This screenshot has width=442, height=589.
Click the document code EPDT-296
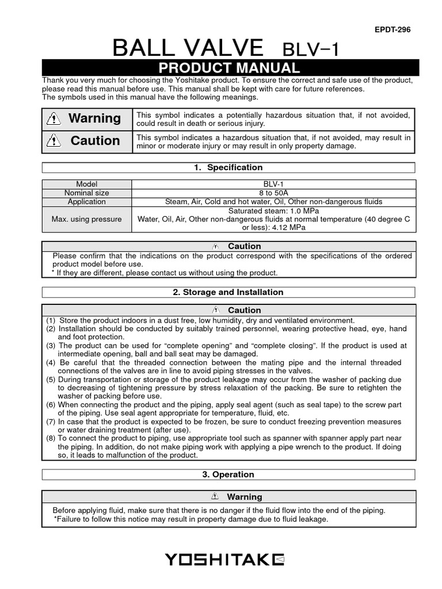click(393, 30)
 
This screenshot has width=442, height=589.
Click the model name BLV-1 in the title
click(311, 49)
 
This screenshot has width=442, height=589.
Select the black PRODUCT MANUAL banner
click(228, 67)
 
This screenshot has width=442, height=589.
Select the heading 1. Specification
click(228, 167)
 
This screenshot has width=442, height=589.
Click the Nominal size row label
click(87, 193)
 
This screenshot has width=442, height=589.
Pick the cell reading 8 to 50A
click(273, 193)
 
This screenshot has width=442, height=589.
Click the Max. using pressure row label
click(87, 219)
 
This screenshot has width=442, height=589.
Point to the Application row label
click(87, 201)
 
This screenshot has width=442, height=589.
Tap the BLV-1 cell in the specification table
click(273, 184)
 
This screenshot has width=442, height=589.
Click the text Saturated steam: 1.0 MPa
click(273, 211)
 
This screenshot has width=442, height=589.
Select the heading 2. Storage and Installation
click(228, 292)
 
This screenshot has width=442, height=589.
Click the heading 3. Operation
click(228, 475)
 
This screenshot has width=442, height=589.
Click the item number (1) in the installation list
click(51, 320)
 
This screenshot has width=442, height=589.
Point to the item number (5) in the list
click(51, 380)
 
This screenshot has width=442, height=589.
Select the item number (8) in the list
click(51, 438)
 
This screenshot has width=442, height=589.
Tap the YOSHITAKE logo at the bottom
click(224, 559)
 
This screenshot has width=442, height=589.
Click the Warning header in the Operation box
click(244, 496)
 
